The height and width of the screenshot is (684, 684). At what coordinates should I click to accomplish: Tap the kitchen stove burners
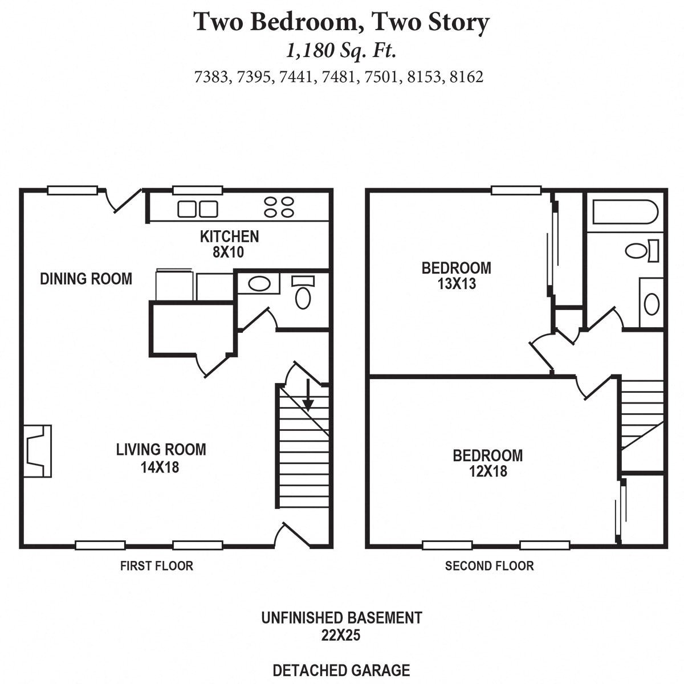pyautogui.click(x=279, y=207)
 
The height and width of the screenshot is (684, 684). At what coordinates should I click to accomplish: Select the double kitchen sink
pyautogui.click(x=197, y=209)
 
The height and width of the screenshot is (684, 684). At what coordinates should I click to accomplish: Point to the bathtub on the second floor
pyautogui.click(x=625, y=212)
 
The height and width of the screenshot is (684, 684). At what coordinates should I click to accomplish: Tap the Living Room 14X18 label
pyautogui.click(x=161, y=458)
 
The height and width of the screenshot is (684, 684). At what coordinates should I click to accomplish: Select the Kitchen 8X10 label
pyautogui.click(x=229, y=244)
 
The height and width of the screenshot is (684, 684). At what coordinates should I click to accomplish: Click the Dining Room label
pyautogui.click(x=86, y=279)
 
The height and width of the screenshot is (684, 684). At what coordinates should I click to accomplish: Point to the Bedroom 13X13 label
pyautogui.click(x=456, y=275)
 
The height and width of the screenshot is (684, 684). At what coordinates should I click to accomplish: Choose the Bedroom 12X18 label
pyautogui.click(x=487, y=463)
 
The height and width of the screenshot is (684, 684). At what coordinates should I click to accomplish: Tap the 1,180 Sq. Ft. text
pyautogui.click(x=341, y=51)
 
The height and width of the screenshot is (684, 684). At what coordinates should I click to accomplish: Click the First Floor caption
pyautogui.click(x=156, y=566)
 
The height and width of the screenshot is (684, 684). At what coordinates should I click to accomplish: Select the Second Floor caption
pyautogui.click(x=489, y=566)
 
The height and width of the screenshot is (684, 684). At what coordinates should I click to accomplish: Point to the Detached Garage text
pyautogui.click(x=341, y=670)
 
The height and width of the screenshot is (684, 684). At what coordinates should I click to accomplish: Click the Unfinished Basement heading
pyautogui.click(x=341, y=618)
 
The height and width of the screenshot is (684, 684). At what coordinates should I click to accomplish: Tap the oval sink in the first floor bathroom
pyautogui.click(x=258, y=284)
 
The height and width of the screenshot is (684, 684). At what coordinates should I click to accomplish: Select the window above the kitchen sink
pyautogui.click(x=197, y=191)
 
